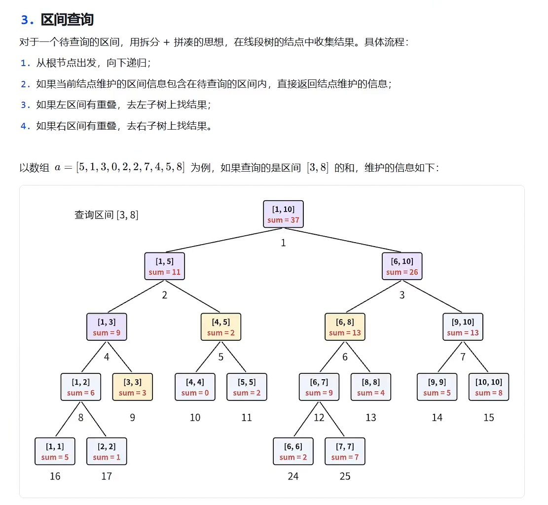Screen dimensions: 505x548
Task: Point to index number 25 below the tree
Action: [x=345, y=476]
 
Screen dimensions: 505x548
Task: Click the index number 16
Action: [x=55, y=476]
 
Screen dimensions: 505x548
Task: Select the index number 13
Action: [x=370, y=417]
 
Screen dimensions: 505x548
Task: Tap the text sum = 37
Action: [x=283, y=220]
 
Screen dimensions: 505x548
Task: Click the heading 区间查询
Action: [x=67, y=20]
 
